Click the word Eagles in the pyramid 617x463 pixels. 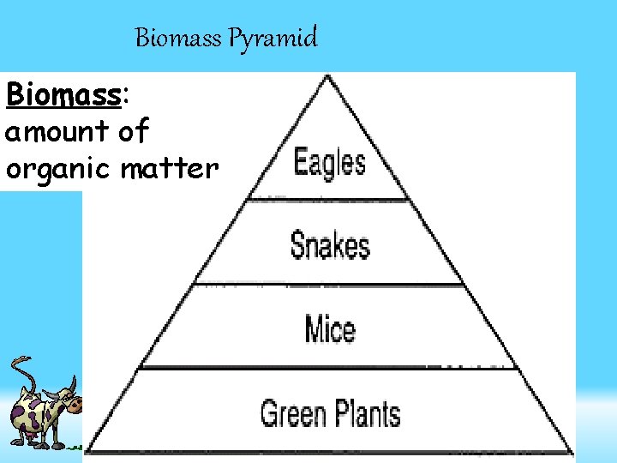point(330,163)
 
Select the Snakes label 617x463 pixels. point(330,245)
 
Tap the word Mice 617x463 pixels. point(330,328)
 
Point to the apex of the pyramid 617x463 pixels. point(325,77)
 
